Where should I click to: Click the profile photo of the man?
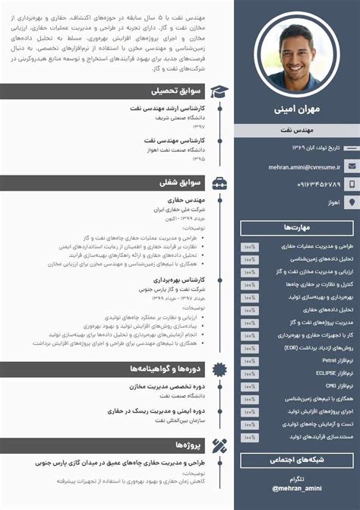pyautogui.click(x=297, y=55)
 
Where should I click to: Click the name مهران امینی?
pyautogui.click(x=297, y=109)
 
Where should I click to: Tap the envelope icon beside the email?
pyautogui.click(x=351, y=166)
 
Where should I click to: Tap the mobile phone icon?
pyautogui.click(x=351, y=184)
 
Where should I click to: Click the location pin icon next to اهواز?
pyautogui.click(x=351, y=202)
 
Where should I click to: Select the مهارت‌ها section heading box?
pyautogui.click(x=297, y=227)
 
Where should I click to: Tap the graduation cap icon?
pyautogui.click(x=219, y=91)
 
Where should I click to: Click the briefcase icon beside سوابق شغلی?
pyautogui.click(x=219, y=183)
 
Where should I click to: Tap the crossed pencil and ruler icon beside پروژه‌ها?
pyautogui.click(x=219, y=445)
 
